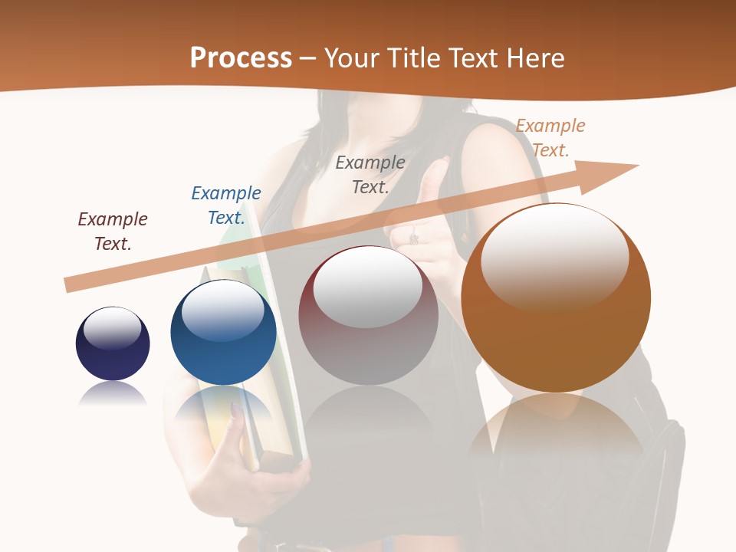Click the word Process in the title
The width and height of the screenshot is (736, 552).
coord(241,58)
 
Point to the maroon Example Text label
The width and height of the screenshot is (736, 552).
coord(113,231)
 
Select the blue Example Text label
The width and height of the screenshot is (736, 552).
coord(226,205)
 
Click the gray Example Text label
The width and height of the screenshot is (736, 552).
coord(370,174)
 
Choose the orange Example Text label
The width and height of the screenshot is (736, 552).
coord(550,137)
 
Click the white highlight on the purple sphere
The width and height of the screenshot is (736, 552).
coord(112,328)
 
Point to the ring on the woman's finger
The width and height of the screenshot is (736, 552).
coord(414,238)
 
